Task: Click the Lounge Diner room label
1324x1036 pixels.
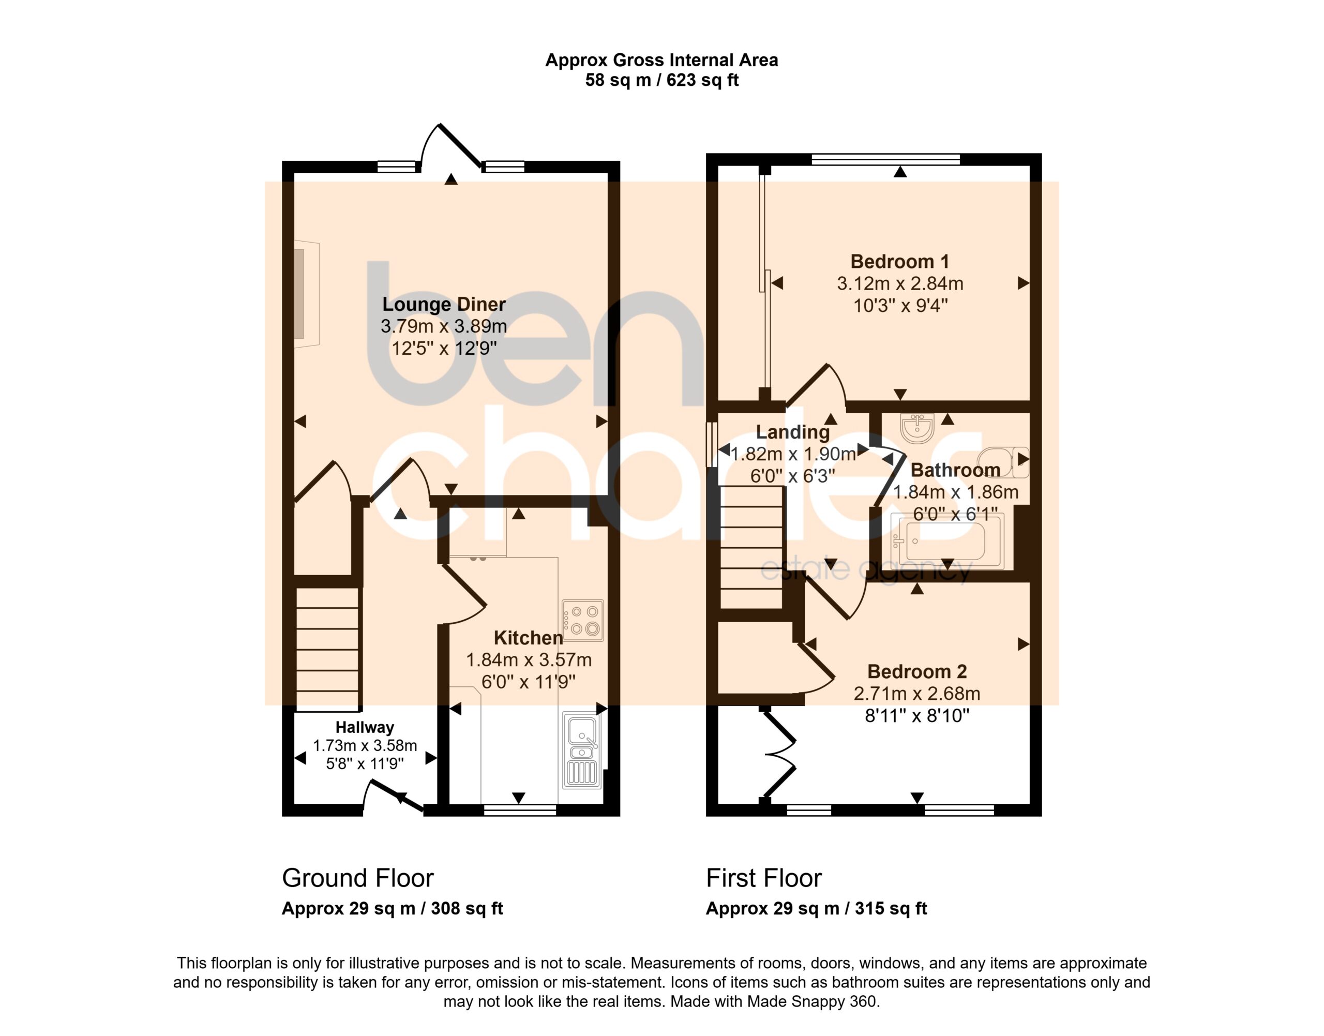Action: [444, 304]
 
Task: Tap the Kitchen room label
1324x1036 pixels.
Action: [528, 638]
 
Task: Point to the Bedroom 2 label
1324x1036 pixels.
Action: [917, 671]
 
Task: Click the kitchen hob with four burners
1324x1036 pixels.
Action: [583, 621]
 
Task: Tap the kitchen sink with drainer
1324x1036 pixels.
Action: [582, 750]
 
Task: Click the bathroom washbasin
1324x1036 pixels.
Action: [917, 428]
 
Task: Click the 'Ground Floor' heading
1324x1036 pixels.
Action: [358, 878]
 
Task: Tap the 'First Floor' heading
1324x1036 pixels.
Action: [763, 878]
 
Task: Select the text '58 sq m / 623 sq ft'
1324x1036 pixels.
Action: [661, 80]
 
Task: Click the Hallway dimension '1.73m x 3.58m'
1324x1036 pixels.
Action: [365, 745]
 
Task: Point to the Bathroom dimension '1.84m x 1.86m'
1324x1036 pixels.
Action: [956, 492]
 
